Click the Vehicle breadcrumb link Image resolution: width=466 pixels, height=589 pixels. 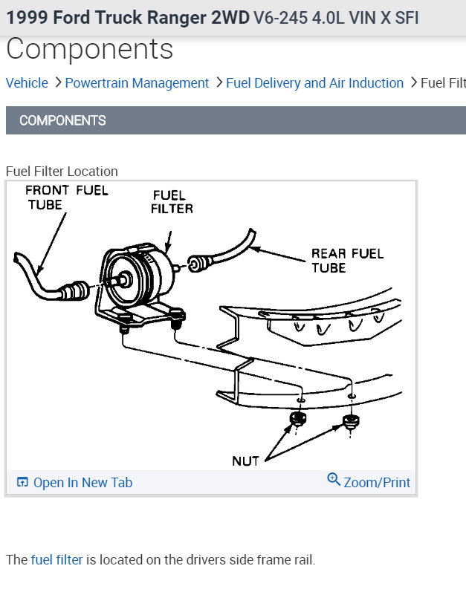tap(27, 83)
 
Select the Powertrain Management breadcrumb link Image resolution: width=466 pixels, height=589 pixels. tap(137, 83)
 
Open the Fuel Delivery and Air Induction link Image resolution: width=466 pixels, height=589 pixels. tap(314, 83)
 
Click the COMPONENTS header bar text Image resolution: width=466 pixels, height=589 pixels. tap(62, 120)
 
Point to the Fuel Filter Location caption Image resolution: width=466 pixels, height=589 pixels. tap(62, 172)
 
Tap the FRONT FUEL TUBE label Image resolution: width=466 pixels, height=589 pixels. tap(66, 197)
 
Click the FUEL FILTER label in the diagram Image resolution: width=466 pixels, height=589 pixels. tap(172, 202)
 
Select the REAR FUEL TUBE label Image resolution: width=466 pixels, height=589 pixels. tap(347, 260)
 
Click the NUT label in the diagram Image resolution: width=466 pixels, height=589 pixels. tap(245, 461)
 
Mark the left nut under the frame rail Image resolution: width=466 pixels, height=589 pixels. tap(297, 420)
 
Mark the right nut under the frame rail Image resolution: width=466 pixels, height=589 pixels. tap(350, 423)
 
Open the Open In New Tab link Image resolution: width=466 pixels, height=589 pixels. tap(82, 483)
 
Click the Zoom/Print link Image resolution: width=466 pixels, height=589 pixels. tap(377, 483)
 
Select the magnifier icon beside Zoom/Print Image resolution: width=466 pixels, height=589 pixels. tap(334, 480)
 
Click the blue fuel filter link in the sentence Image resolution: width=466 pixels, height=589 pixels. tap(57, 559)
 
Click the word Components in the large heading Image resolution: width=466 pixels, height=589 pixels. tap(90, 50)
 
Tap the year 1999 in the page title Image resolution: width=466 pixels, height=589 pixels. tap(26, 17)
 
